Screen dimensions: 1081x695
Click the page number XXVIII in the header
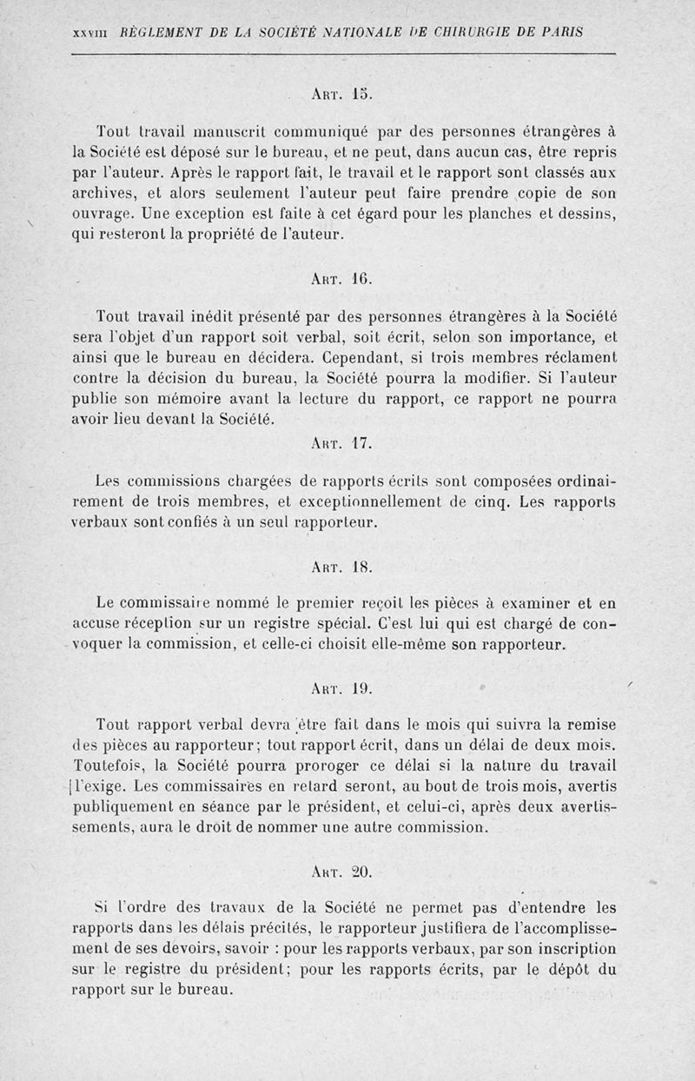[x=89, y=33]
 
